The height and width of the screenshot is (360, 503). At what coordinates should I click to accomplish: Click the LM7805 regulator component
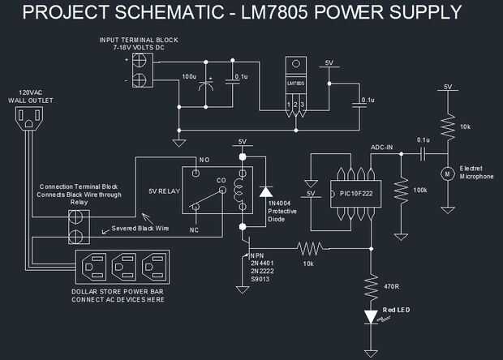296,84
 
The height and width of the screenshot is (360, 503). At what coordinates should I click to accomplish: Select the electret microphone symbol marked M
445,173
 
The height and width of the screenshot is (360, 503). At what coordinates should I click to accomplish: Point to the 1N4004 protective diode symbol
264,192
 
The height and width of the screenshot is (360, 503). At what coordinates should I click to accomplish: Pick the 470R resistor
371,285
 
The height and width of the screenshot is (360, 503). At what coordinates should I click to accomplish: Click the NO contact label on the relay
204,160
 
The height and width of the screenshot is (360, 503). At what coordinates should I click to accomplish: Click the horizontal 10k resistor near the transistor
309,246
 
